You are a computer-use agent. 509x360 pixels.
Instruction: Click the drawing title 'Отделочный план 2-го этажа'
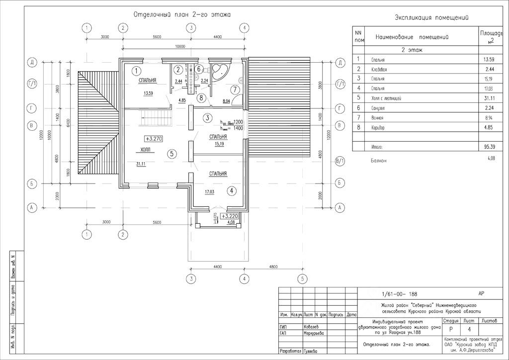pos(181,15)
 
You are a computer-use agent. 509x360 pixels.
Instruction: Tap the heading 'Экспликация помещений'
pos(432,18)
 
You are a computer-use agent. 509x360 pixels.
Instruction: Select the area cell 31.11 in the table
pos(489,98)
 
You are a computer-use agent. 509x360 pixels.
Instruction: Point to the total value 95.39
pos(489,147)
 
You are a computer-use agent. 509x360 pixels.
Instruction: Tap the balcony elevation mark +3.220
pos(231,217)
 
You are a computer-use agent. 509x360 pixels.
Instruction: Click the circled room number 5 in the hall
pos(171,154)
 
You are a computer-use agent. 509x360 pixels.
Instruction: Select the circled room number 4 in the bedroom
pos(232,190)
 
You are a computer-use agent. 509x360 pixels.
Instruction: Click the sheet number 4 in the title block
pos(468,329)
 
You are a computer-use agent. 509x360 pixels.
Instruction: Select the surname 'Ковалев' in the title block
pos(313,327)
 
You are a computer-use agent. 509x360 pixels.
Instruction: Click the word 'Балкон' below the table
pos(379,161)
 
